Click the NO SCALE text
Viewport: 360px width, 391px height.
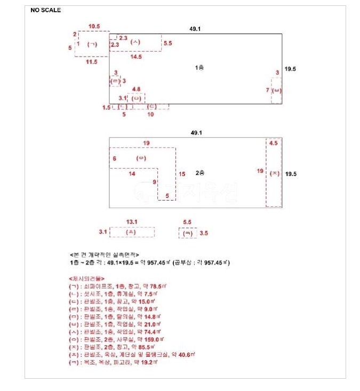(x=46, y=10)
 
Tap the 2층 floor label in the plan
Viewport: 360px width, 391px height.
(x=200, y=173)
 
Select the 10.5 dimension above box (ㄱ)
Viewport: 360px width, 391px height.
(x=94, y=26)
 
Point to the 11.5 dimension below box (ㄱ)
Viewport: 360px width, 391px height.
(x=92, y=62)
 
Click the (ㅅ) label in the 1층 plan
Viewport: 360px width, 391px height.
(x=135, y=42)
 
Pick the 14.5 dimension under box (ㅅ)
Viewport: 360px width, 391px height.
(x=135, y=57)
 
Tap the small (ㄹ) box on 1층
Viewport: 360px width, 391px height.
(x=115, y=81)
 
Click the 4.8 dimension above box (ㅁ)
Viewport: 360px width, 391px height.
(x=136, y=89)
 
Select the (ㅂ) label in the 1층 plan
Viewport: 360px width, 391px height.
(x=276, y=90)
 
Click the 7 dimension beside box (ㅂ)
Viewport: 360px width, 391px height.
(x=267, y=90)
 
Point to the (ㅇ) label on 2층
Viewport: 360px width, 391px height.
(x=141, y=158)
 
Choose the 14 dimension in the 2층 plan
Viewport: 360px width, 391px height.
(x=132, y=174)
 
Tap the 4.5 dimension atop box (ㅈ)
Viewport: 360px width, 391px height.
(x=274, y=143)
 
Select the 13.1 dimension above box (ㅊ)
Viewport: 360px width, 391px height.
(x=132, y=222)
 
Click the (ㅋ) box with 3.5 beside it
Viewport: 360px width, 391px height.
(x=187, y=233)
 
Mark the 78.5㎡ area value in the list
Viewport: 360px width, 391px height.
(x=141, y=286)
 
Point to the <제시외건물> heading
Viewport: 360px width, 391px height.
(x=86, y=278)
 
